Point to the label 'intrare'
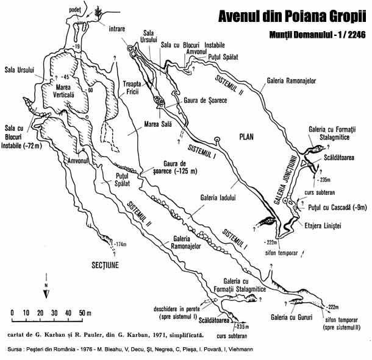[x=118, y=29]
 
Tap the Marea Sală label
[x=144, y=126]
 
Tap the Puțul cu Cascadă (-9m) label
[x=337, y=208]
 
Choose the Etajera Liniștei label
[x=326, y=225]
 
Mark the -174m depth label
[x=120, y=244]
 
